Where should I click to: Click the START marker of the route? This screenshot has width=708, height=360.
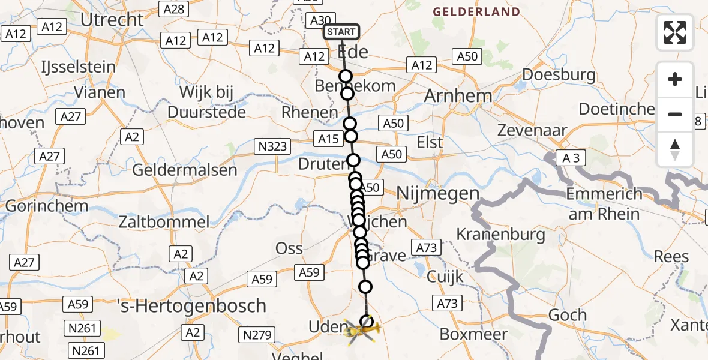point(341,32)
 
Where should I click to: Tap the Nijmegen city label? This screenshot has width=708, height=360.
point(438,193)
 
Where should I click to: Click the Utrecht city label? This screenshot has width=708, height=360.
point(112,19)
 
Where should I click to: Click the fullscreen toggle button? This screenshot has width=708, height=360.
point(675,32)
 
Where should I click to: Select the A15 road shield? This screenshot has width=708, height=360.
point(328,139)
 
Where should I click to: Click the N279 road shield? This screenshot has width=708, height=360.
point(257,335)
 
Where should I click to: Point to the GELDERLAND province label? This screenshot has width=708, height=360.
point(476,12)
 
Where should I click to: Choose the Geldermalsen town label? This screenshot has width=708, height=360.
point(185,170)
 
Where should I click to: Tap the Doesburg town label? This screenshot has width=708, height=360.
point(559,75)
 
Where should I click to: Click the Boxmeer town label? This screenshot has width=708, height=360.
point(474,334)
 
